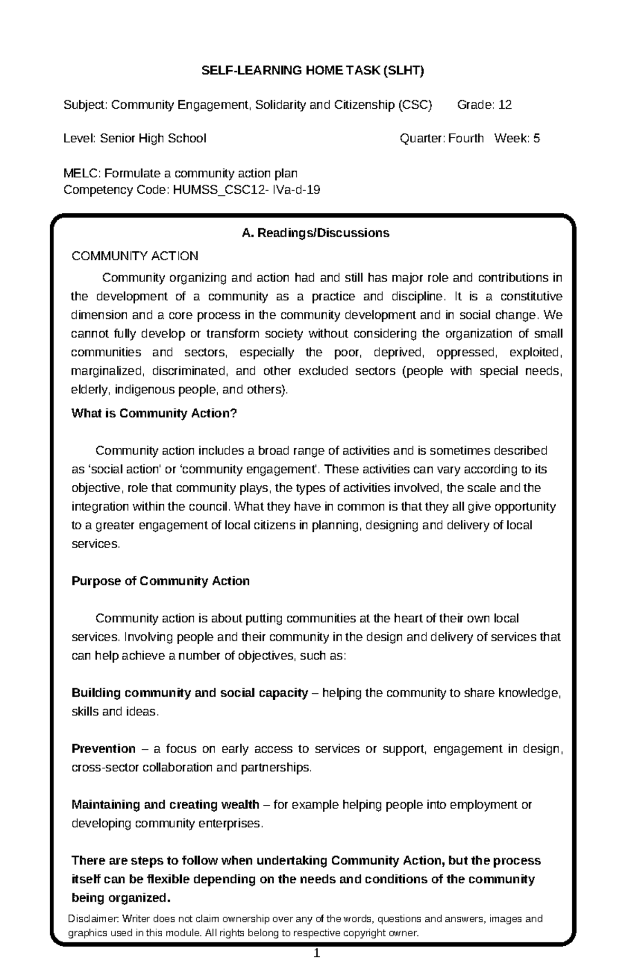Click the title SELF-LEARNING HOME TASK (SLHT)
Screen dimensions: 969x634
(313, 71)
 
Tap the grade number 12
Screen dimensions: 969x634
(505, 105)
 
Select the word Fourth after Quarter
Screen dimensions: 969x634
(465, 139)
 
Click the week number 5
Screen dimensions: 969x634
(536, 139)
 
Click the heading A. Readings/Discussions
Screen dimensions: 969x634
(315, 233)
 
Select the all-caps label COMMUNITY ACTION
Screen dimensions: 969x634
(135, 257)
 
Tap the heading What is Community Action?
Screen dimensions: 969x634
(154, 413)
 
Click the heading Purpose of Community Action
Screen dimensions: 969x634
(160, 581)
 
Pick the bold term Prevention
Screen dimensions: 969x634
(104, 749)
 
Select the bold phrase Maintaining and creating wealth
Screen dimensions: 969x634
(165, 805)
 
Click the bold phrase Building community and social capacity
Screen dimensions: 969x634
(189, 693)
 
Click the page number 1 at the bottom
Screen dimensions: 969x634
(316, 953)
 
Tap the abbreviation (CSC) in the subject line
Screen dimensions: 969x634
(415, 105)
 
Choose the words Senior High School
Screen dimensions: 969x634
(153, 139)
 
